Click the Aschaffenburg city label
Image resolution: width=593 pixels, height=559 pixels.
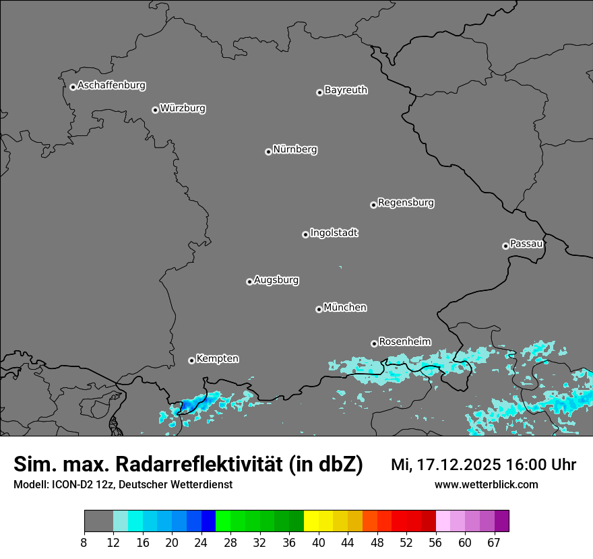coord(111,86)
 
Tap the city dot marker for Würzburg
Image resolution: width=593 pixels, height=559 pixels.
coord(155,110)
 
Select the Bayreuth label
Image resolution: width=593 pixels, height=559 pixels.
coord(346,90)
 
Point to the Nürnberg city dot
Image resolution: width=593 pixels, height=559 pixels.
coord(268,152)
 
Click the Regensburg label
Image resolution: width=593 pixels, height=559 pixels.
coord(406,203)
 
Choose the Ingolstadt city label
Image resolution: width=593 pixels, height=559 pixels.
coord(334,233)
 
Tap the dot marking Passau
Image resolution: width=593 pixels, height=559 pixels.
coord(505,246)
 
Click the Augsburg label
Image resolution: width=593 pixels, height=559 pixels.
coord(276,280)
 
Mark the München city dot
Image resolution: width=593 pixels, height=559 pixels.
coord(319,310)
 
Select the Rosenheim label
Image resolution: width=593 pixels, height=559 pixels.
coord(404,341)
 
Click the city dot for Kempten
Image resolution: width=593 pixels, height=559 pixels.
coord(191,360)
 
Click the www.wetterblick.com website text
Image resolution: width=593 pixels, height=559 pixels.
coord(486,485)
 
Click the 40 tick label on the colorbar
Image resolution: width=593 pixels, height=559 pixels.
coord(319,543)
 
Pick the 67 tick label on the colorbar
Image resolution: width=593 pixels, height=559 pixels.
coord(494,543)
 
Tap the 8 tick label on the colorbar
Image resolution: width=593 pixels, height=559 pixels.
coord(84,543)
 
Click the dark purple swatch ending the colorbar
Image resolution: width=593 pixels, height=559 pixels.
coord(501,521)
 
